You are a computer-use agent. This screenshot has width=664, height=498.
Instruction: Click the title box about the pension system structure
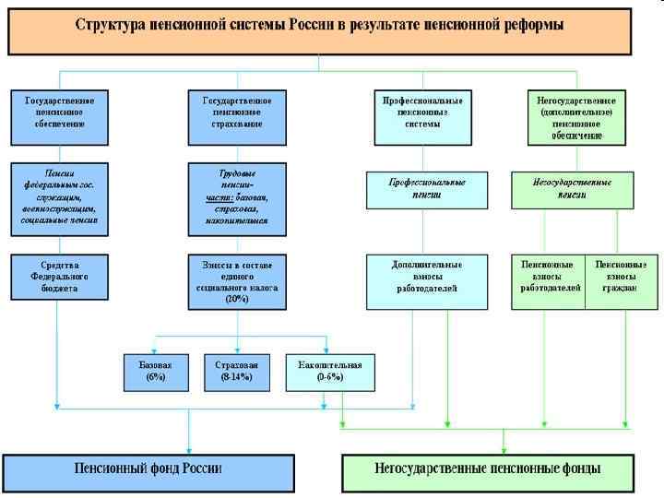click(x=319, y=29)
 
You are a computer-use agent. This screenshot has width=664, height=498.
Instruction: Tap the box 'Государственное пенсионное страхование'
click(x=237, y=116)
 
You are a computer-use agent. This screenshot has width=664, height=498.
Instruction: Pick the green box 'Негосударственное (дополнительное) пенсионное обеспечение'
click(x=577, y=116)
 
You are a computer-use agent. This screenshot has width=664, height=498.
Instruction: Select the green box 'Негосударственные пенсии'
click(x=573, y=189)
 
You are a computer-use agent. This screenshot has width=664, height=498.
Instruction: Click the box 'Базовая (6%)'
click(x=155, y=371)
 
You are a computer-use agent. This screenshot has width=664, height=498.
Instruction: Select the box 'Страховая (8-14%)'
click(x=238, y=371)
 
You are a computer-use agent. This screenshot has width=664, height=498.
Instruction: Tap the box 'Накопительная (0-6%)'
click(x=329, y=371)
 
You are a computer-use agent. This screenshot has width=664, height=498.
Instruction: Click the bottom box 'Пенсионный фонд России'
click(x=149, y=468)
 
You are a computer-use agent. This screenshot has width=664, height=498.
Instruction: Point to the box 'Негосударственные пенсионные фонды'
click(x=488, y=468)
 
